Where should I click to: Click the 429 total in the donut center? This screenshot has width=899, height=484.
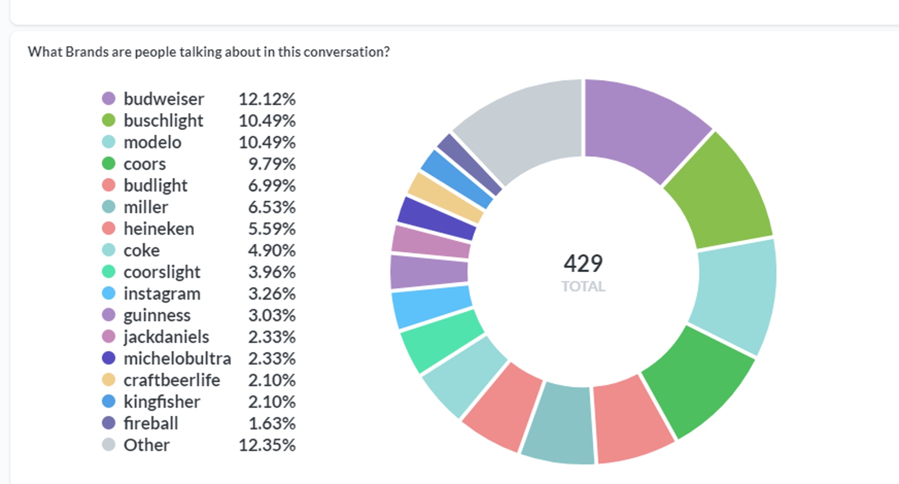(x=583, y=264)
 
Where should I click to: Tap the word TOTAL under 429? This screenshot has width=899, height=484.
(x=583, y=287)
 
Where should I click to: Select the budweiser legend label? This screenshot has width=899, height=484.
(x=164, y=99)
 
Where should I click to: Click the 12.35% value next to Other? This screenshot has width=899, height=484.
(x=267, y=445)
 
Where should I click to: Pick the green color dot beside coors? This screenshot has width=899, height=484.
(x=109, y=163)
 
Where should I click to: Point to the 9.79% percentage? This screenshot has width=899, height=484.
(x=271, y=164)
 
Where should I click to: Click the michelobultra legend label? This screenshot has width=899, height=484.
(x=177, y=359)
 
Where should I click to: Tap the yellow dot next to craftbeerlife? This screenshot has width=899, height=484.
(x=109, y=380)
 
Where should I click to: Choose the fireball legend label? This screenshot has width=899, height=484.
(x=151, y=423)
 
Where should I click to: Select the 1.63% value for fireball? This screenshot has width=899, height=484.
(x=271, y=423)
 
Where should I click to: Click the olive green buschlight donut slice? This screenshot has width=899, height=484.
(x=716, y=189)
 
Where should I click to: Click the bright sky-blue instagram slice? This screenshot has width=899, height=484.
(x=431, y=307)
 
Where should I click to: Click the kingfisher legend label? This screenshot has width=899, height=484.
(x=162, y=402)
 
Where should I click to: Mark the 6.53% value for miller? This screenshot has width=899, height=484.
(x=271, y=207)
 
